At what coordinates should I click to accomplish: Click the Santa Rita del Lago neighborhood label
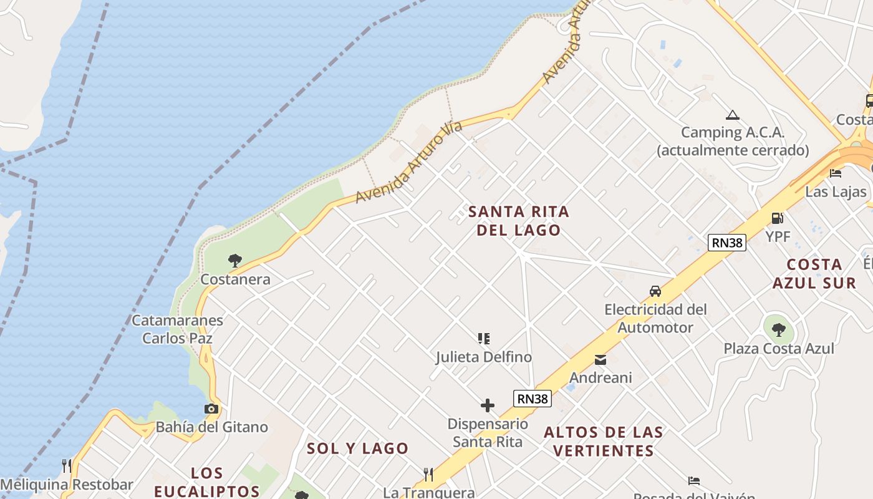coord(519,221)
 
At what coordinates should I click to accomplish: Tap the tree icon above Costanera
coord(235,260)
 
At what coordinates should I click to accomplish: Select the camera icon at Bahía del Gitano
coord(211,409)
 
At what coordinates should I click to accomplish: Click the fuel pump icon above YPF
coord(778,218)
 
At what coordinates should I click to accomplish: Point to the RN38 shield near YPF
coord(727,243)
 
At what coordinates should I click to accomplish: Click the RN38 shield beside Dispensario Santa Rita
coord(533,399)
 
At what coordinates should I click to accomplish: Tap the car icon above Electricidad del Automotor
coord(655,291)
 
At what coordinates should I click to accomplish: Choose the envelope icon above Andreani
coord(600,360)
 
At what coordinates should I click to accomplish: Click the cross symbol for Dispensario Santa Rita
coord(488,406)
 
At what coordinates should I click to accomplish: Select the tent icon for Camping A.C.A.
coord(733,115)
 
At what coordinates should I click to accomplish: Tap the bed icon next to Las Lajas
coord(836,173)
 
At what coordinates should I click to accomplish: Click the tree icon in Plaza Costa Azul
coord(778,329)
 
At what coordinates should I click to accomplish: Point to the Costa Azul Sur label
coord(814,273)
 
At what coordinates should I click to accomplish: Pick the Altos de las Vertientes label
coord(604,441)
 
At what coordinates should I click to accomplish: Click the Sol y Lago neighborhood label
coord(357,448)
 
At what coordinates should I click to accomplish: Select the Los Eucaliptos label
coord(207,482)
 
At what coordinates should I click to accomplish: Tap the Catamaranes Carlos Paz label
coord(178,329)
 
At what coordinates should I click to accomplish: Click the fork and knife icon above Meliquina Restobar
coord(67,466)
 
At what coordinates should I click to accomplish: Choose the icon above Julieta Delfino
coord(484,339)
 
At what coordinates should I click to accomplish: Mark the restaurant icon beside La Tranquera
coord(428,475)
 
